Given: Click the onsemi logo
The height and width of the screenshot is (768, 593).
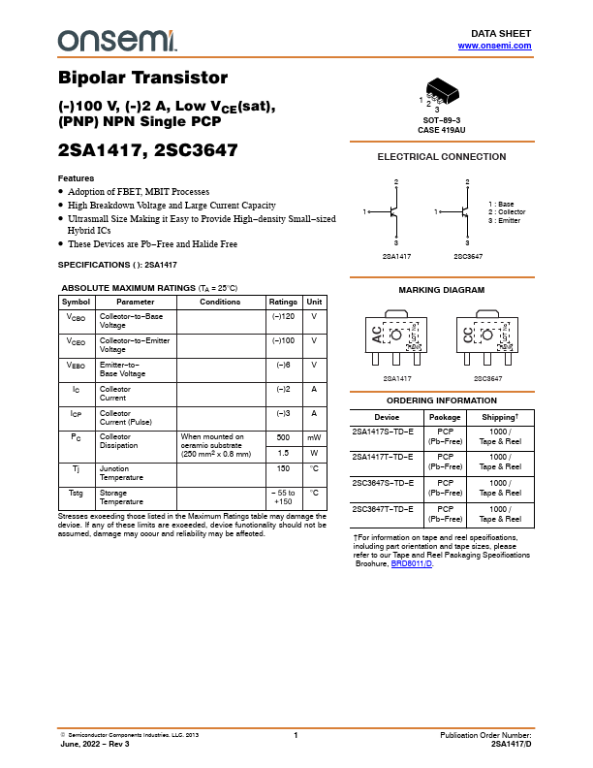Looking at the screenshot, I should pos(117,40).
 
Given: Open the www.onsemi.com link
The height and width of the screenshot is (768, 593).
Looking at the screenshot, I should pos(494,46).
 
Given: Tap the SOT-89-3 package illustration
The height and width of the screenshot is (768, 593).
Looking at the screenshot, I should pos(441,91).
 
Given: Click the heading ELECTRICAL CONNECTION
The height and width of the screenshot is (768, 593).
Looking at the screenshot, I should pos(441,157).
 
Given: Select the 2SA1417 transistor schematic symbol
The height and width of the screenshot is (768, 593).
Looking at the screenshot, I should pos(394,211).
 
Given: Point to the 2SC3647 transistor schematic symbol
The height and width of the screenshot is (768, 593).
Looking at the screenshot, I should pos(465,211).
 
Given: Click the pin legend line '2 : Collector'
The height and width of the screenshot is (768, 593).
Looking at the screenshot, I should pos(507,212).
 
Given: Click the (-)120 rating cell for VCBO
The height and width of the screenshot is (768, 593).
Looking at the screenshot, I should pos(283,317).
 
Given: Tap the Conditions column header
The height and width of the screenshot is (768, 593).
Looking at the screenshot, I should pos(220,302).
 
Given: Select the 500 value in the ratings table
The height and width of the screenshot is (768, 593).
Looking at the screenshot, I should pos(283,437).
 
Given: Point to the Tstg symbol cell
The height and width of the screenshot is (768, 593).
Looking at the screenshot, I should pos(76,493).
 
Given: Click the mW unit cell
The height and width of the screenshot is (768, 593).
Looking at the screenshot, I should pos(314,437).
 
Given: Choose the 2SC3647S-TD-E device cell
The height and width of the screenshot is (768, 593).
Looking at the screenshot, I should pos(383,482).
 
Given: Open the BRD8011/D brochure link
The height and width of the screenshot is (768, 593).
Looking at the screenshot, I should pos(412,563).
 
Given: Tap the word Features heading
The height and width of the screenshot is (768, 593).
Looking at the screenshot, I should pos(76,178).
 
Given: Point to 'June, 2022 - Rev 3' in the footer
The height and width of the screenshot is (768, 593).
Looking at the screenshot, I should pos(94,744).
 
